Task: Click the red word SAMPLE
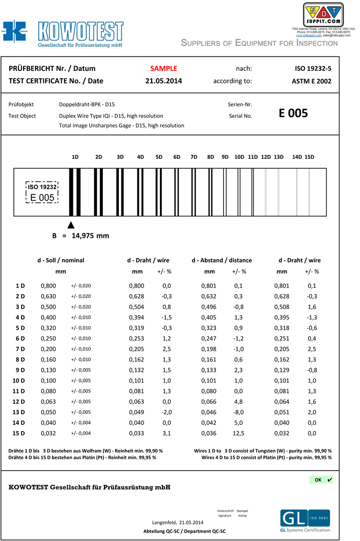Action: (164, 68)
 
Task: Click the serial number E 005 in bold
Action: (293, 113)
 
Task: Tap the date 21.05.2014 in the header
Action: (164, 81)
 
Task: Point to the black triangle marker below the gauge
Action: (71, 225)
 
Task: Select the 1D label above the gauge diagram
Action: (75, 157)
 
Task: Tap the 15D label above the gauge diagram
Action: (309, 157)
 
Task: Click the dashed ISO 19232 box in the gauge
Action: (42, 192)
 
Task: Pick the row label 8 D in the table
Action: (21, 360)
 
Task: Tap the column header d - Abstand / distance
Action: (222, 260)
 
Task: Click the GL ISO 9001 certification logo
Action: (305, 520)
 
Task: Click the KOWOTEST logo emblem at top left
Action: (14, 32)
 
